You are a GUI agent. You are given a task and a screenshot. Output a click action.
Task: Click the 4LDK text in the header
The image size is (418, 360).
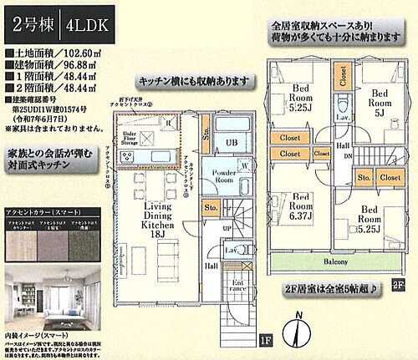[x=92, y=23]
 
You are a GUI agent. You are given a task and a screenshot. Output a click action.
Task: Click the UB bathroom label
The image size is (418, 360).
[x=232, y=142]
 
